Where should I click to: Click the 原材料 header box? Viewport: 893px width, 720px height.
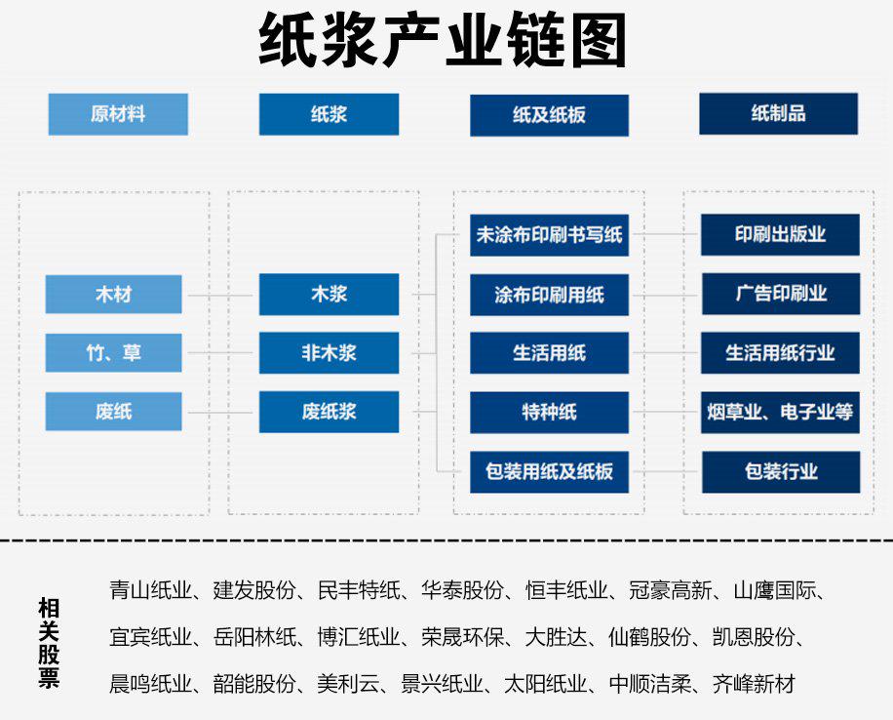point(118,114)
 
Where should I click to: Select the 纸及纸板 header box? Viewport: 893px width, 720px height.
point(549,115)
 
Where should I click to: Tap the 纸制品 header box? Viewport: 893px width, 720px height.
point(779,113)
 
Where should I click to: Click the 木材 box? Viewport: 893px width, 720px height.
point(113,295)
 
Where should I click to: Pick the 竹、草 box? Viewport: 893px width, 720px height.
point(113,353)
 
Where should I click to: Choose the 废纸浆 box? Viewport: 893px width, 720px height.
point(329,412)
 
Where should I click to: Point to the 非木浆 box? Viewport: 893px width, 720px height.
point(329,353)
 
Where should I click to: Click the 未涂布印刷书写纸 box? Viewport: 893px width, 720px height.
point(549,235)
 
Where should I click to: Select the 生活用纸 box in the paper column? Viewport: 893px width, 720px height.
point(549,353)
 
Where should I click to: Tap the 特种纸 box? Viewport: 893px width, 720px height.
point(549,412)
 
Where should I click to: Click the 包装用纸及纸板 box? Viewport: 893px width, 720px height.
point(549,472)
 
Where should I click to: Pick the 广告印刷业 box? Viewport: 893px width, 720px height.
point(781,294)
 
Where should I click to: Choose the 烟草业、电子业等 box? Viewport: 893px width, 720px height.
point(780,412)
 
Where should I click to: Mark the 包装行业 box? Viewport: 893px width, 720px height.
point(781,472)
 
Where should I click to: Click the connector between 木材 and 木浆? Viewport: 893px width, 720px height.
point(220,296)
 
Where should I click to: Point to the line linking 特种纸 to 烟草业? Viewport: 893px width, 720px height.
point(665,412)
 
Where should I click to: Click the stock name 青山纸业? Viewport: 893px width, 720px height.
point(150,590)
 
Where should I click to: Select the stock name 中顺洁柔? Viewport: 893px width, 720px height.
point(650,684)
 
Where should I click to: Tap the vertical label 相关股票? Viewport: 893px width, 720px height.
point(49,643)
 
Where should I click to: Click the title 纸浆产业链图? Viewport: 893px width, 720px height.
point(443,40)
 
